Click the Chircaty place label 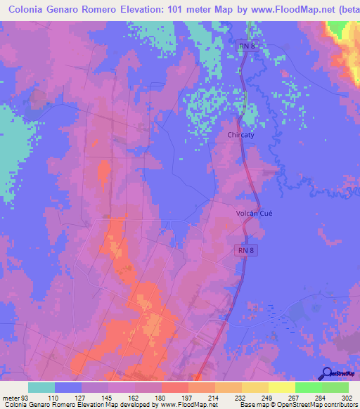241,136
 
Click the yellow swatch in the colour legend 281,387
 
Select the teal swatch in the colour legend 41,387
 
